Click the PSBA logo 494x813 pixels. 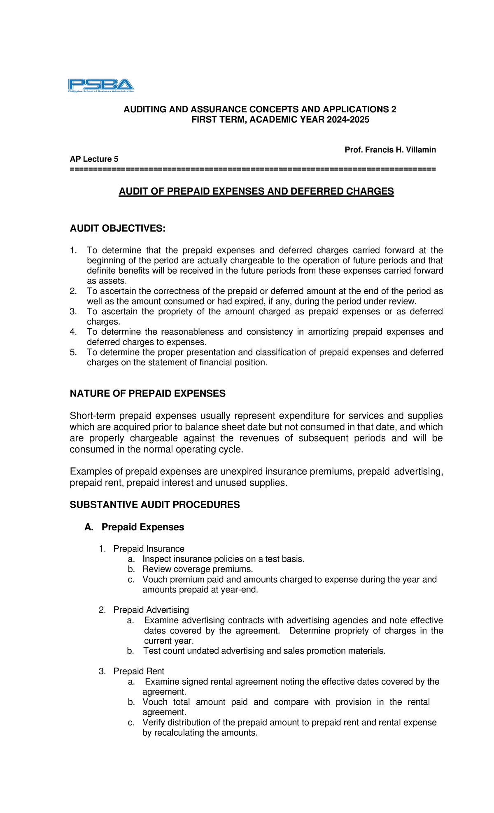click(101, 85)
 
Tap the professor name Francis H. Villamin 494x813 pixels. click(400, 150)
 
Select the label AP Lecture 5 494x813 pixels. click(94, 159)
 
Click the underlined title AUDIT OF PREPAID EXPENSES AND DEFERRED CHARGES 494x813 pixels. click(256, 191)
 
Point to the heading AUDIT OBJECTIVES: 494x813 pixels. click(117, 228)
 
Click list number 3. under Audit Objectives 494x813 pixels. click(73, 311)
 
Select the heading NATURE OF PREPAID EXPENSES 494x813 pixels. click(147, 394)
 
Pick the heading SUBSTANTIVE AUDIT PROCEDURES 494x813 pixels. click(154, 505)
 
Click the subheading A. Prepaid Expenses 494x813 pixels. click(134, 527)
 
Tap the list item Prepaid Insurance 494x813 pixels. click(149, 549)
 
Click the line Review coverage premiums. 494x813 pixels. click(198, 569)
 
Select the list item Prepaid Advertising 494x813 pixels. click(151, 610)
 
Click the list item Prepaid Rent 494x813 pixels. click(139, 671)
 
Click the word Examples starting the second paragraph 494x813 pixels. click(90, 472)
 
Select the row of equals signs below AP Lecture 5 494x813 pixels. click(252, 169)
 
